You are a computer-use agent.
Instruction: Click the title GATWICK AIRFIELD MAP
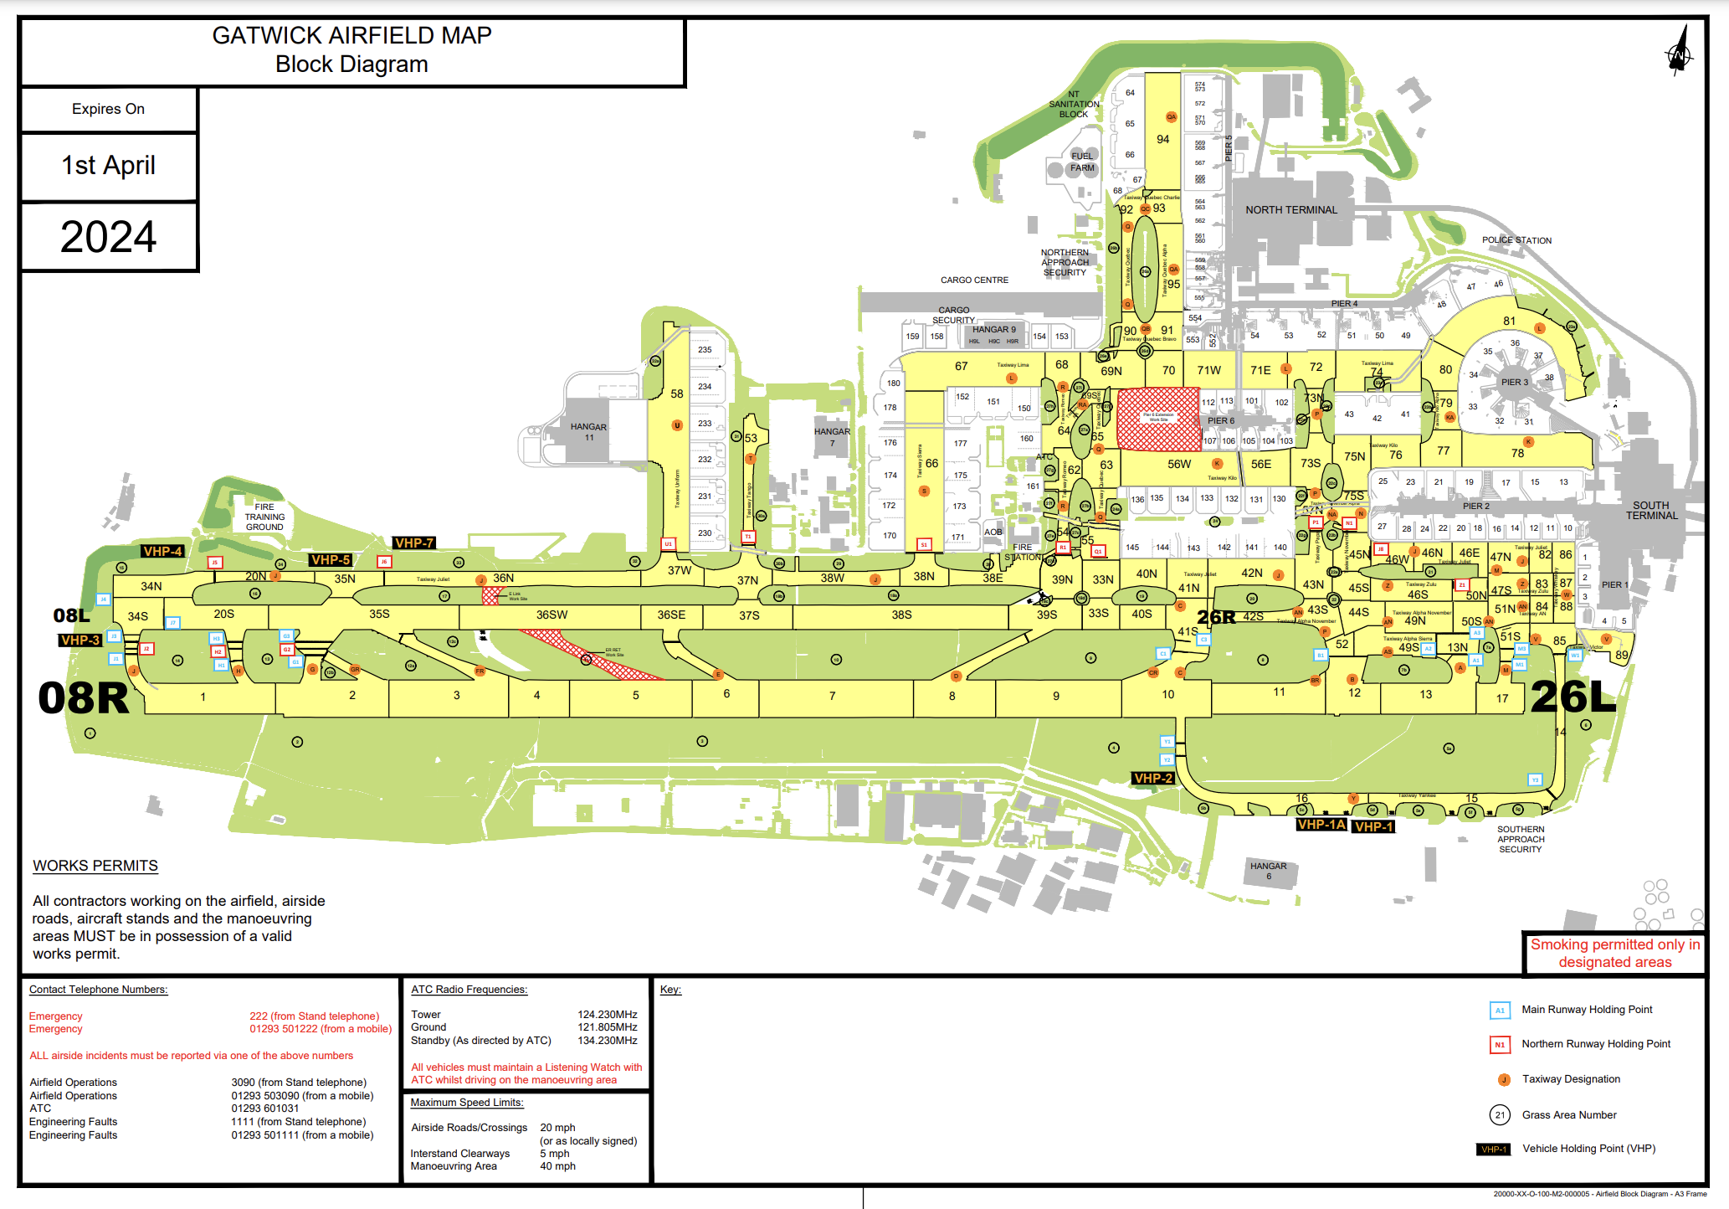pos(351,36)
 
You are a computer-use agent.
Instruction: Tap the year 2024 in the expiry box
pos(109,237)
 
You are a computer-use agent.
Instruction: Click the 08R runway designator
pos(84,698)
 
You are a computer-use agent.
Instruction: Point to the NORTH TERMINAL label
pos(1290,210)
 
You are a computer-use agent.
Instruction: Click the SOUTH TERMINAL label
pos(1651,511)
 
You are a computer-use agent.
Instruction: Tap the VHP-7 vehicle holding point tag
pos(414,543)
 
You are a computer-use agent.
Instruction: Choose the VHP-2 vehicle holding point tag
pos(1152,779)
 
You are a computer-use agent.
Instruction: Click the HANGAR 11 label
pos(588,432)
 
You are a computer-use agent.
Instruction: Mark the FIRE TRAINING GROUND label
pos(264,517)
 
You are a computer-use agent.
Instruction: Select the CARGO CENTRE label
pos(974,280)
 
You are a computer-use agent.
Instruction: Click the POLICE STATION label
pos(1516,240)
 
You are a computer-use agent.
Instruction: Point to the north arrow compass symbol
pos(1678,52)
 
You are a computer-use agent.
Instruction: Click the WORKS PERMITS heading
pos(95,866)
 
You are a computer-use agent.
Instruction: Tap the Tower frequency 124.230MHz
pos(607,1015)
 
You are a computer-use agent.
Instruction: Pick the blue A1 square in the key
pos(1500,1011)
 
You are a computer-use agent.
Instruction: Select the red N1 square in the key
pos(1500,1045)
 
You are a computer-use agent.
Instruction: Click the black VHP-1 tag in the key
pos(1493,1150)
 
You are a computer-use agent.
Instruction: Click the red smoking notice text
pos(1614,954)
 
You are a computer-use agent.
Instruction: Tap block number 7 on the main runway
pos(832,696)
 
